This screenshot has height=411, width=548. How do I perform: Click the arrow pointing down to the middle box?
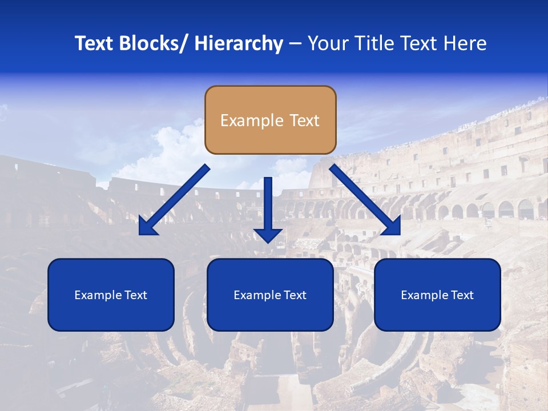click(x=268, y=205)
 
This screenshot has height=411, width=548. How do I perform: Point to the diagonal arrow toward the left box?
click(x=174, y=200)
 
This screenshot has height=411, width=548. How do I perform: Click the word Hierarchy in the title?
click(x=239, y=43)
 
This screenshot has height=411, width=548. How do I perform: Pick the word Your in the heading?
click(x=328, y=43)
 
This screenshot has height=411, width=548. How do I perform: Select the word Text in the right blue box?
click(x=461, y=295)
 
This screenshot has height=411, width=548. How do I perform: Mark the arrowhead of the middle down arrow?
click(x=268, y=235)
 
